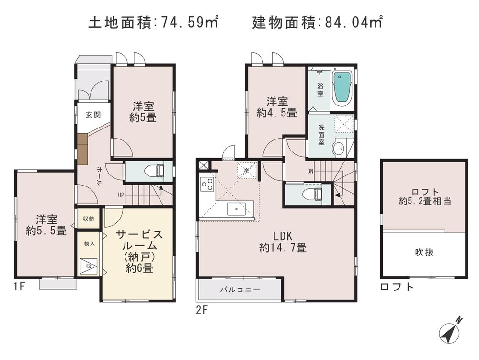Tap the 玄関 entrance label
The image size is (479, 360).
93,115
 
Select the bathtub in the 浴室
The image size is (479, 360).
342,88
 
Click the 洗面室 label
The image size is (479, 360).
320,136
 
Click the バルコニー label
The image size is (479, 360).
240,290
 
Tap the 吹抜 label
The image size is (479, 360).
424,252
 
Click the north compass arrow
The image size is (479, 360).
451,330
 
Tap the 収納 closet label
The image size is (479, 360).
89,219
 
